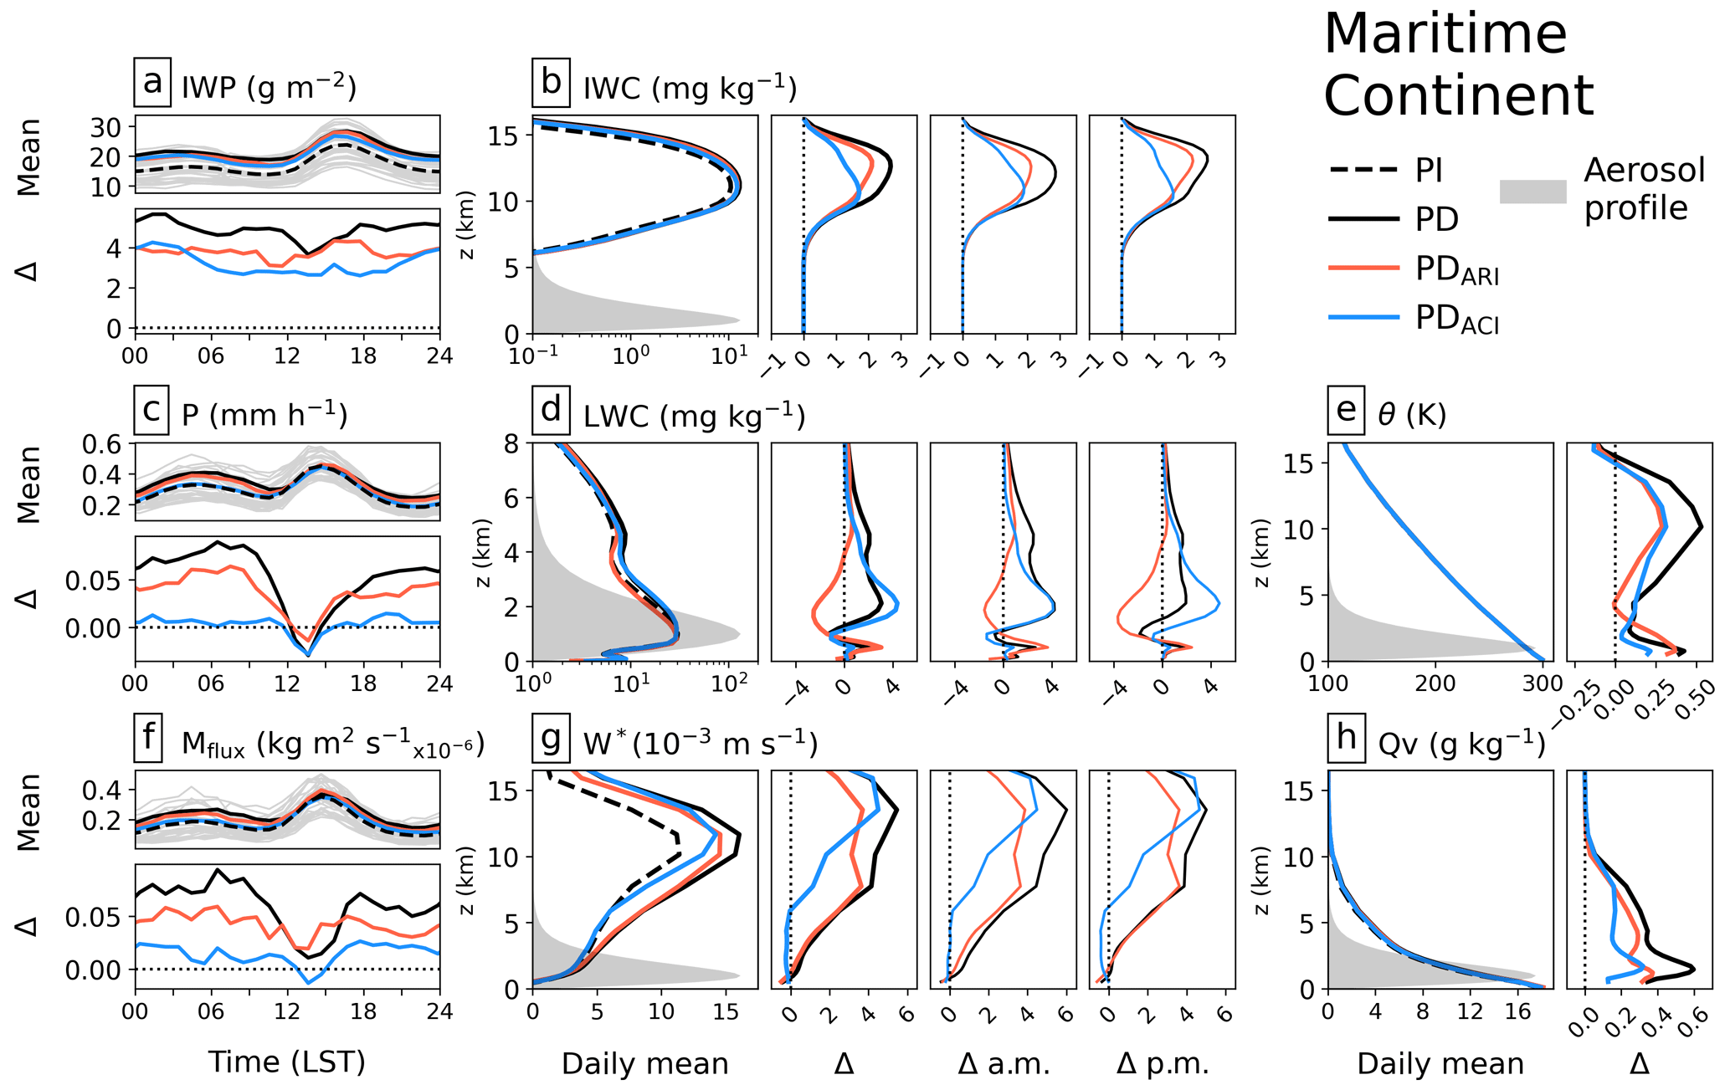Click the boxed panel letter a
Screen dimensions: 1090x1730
pyautogui.click(x=152, y=82)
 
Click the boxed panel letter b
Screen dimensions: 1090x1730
pyautogui.click(x=551, y=82)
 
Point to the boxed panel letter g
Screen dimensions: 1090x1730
pyautogui.click(x=551, y=738)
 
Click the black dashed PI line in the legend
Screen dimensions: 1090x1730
pyautogui.click(x=1364, y=171)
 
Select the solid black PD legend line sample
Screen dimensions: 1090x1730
pyautogui.click(x=1364, y=220)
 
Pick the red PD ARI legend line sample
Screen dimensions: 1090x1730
pyautogui.click(x=1364, y=269)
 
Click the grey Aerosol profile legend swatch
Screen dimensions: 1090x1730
pyautogui.click(x=1532, y=192)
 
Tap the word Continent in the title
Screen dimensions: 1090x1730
pyautogui.click(x=1458, y=95)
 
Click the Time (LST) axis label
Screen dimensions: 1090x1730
pyautogui.click(x=286, y=1062)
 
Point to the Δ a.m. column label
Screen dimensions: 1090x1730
pyautogui.click(x=1003, y=1064)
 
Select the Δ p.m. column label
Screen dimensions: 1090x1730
pyautogui.click(x=1163, y=1064)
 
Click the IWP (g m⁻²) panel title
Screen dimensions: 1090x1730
pyautogui.click(x=269, y=86)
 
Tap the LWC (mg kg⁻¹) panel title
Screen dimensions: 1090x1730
pyautogui.click(x=694, y=415)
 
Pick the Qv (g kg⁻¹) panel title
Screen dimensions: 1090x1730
pyautogui.click(x=1460, y=743)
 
